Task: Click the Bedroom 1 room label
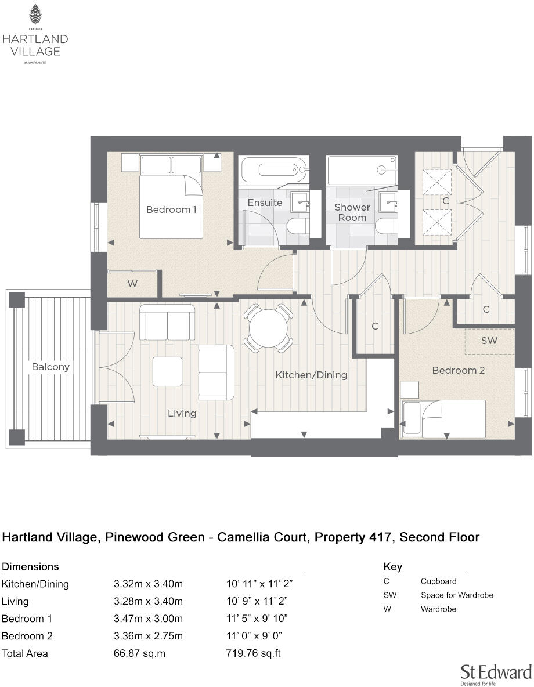(171, 209)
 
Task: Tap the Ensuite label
(265, 203)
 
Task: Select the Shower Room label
(352, 212)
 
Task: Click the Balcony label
(50, 367)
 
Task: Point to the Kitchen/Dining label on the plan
(311, 375)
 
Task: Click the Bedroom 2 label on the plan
(459, 370)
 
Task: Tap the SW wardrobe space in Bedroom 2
(489, 341)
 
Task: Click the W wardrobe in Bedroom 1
(133, 284)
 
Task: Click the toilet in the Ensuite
(299, 226)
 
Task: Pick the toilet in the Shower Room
(386, 226)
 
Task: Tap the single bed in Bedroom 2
(444, 419)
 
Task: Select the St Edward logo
(496, 674)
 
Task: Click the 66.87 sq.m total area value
(139, 653)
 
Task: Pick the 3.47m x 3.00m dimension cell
(148, 619)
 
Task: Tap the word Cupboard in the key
(438, 581)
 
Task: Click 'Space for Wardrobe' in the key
(457, 595)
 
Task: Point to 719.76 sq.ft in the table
(253, 653)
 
